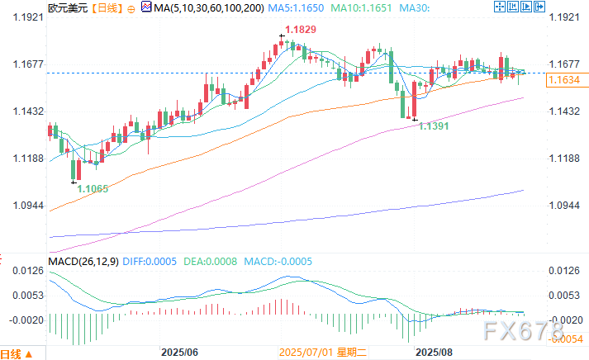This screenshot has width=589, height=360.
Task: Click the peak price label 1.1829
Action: pos(299,30)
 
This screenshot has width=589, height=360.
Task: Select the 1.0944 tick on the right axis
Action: pos(566,206)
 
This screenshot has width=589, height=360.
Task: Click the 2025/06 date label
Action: pos(180,352)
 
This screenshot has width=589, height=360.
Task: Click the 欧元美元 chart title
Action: pos(20,7)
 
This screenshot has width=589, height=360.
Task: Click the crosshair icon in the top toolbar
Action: pos(501,7)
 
